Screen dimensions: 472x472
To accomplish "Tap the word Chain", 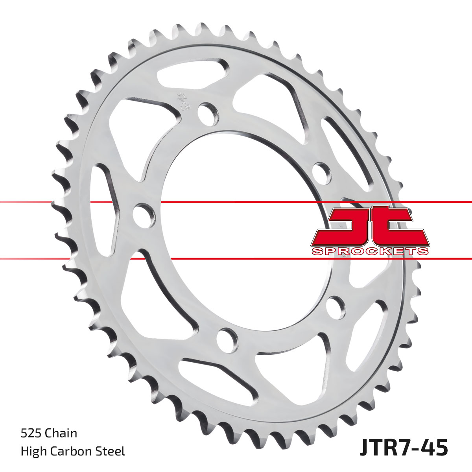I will (61, 433).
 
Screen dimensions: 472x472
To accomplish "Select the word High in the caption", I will (33, 452).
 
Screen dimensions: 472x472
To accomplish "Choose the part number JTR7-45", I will (404, 449).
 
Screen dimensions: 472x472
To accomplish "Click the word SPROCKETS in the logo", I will (370, 251).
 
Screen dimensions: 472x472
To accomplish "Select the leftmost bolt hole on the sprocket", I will (142, 215).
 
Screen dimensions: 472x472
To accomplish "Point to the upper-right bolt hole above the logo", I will (321, 171).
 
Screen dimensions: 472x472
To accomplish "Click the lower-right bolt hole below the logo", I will (336, 305).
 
